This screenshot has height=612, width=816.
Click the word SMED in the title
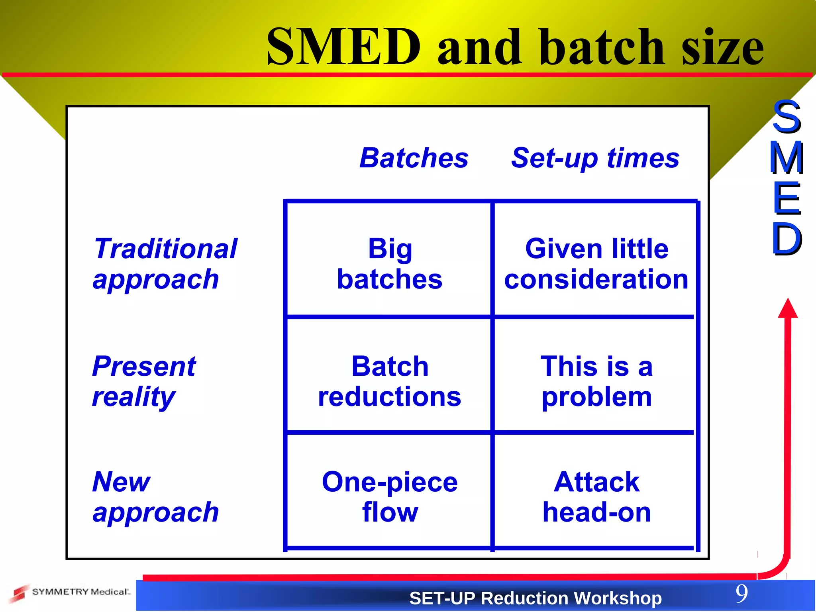click(343, 47)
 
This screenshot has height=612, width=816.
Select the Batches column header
click(414, 158)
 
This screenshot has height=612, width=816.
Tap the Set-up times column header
click(595, 158)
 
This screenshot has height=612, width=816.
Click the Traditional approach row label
click(165, 264)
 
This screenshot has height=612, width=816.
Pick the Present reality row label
click(144, 381)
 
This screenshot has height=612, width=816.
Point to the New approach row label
click(155, 497)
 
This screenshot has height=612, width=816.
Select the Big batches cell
click(390, 264)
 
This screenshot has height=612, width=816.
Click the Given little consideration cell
click(596, 264)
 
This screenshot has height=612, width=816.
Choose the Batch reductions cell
click(390, 381)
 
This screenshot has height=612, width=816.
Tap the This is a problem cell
click(596, 381)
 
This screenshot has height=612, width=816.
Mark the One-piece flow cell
click(390, 497)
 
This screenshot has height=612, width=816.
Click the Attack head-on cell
click(596, 497)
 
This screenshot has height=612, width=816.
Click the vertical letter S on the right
click(786, 117)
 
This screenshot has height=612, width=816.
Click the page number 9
click(741, 594)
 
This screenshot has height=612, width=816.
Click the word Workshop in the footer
click(618, 598)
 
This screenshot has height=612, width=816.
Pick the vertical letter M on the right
click(786, 158)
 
